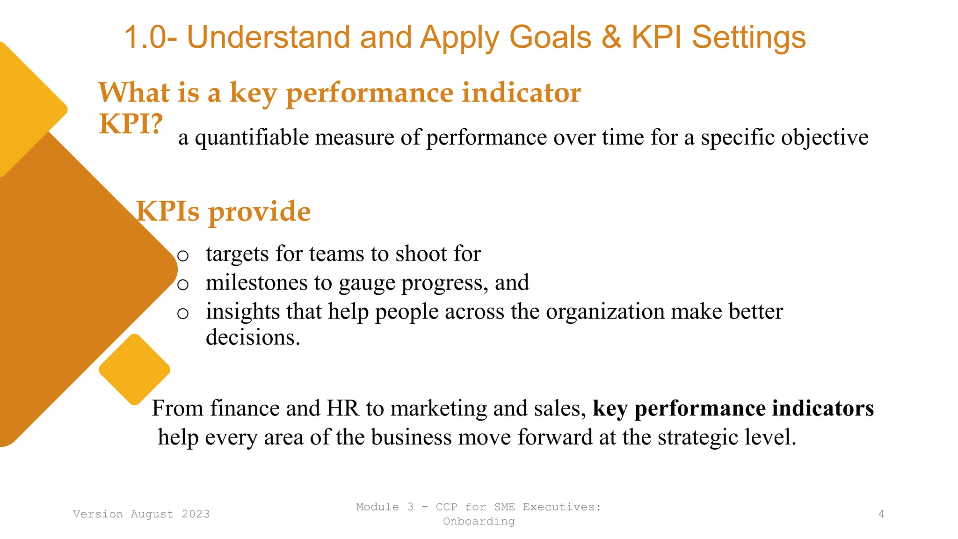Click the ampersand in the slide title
click(x=611, y=37)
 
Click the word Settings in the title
click(x=748, y=37)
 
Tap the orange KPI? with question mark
click(x=131, y=124)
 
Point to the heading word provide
click(x=259, y=211)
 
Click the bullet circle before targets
click(x=183, y=255)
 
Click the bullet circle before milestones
click(x=183, y=284)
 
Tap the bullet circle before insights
click(x=183, y=313)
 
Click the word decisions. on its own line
click(x=253, y=337)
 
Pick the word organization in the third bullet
click(x=605, y=312)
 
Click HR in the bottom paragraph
click(x=342, y=408)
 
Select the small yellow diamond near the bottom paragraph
click(x=134, y=369)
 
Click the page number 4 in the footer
click(x=881, y=514)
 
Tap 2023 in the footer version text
click(x=196, y=514)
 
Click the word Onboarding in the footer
click(x=479, y=521)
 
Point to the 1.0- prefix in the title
click(x=150, y=37)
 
